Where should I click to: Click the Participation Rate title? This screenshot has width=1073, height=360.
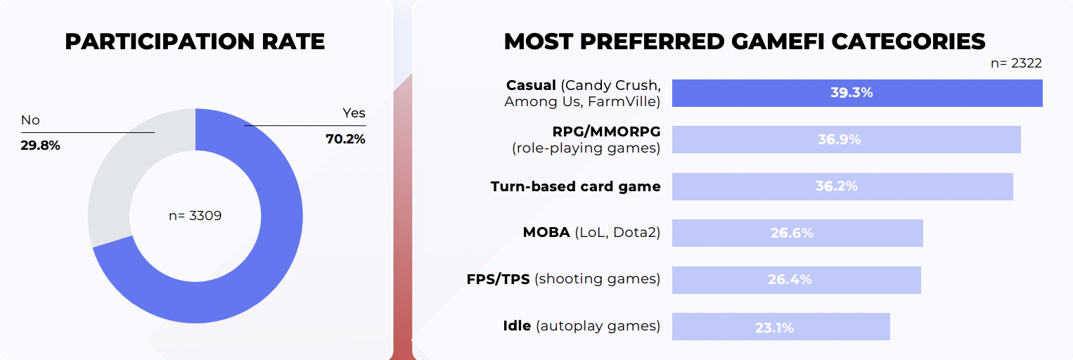(195, 41)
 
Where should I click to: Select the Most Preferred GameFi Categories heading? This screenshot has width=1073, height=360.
(745, 41)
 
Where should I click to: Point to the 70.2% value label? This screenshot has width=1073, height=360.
(345, 139)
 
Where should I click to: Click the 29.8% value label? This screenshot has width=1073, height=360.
(40, 146)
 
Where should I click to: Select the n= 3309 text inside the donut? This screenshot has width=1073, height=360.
(195, 216)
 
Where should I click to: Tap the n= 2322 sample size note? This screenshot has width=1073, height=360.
(1016, 63)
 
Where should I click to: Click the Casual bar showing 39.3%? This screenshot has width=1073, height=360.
(857, 93)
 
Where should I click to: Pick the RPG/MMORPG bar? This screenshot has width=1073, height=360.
(847, 139)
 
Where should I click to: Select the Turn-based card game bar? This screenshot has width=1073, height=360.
(842, 186)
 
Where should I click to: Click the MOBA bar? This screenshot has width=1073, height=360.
(797, 233)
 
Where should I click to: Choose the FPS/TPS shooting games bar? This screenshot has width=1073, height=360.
(796, 280)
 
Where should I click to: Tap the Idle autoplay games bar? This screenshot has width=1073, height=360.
(780, 326)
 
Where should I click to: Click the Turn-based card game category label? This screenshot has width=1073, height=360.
(575, 186)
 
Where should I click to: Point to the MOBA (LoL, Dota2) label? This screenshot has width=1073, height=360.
(591, 233)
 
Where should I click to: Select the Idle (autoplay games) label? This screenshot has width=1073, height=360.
(582, 326)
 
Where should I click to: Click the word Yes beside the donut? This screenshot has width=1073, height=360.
(354, 113)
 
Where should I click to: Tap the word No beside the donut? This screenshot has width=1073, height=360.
(30, 120)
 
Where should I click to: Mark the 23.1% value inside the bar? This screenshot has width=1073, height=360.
(775, 328)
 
